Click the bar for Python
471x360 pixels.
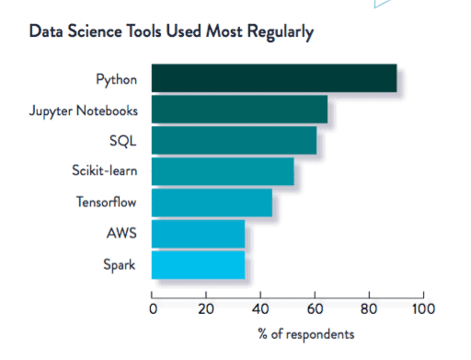point(274,78)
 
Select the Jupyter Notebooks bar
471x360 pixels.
point(239,110)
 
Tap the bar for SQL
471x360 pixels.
point(234,141)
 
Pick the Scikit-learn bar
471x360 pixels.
point(223,171)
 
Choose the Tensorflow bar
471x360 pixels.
point(212,203)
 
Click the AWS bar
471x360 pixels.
point(198,234)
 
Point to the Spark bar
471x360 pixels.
point(198,265)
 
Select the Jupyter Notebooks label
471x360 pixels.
point(84,111)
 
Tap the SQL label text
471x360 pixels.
point(123,142)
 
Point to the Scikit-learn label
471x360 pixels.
point(105,172)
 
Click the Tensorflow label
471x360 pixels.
point(107,203)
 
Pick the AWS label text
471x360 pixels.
point(122,234)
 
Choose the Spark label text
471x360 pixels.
point(121,265)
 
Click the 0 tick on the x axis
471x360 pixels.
point(152,308)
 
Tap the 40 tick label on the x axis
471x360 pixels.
point(260,308)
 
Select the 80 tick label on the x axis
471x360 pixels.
point(369,308)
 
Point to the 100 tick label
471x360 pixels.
point(422,308)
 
